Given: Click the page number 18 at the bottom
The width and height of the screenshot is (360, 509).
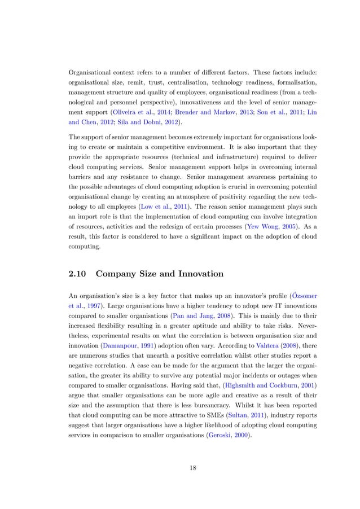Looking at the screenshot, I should (x=180, y=467).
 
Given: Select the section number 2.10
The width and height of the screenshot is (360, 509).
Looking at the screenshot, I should (x=78, y=274).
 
